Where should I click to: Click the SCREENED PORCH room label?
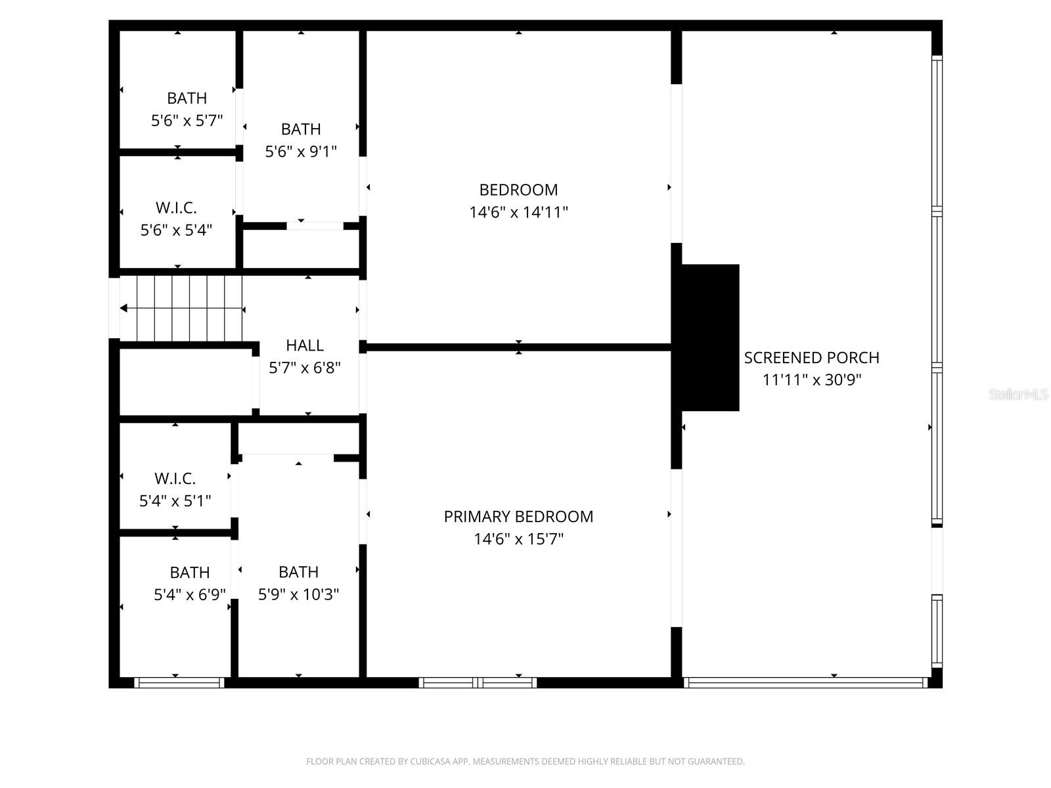[811, 358]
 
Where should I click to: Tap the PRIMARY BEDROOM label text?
[518, 517]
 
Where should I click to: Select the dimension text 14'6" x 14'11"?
[518, 212]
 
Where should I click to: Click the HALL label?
[305, 345]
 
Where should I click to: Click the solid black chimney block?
[709, 338]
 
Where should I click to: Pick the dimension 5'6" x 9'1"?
[301, 152]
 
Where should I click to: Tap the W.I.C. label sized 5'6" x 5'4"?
[176, 208]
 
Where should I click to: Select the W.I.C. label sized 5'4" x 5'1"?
[175, 479]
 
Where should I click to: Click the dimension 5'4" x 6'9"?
[190, 595]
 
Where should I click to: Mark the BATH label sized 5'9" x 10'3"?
[298, 572]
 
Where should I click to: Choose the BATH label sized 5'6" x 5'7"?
[187, 98]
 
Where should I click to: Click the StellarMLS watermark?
[1017, 395]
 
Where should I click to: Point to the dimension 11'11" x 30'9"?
[811, 380]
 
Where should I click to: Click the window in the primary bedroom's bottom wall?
[478, 683]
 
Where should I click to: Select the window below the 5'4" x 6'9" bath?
[179, 683]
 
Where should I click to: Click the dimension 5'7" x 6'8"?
[305, 368]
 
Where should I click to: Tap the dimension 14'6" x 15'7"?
[518, 539]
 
